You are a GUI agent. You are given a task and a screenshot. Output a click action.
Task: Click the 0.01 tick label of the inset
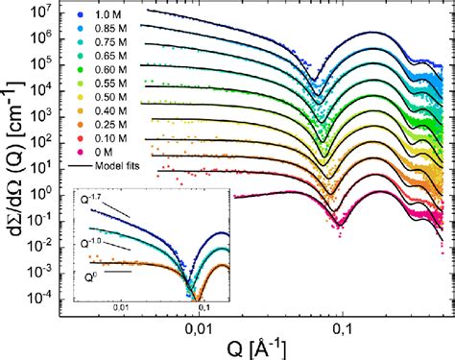coord(122,306)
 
